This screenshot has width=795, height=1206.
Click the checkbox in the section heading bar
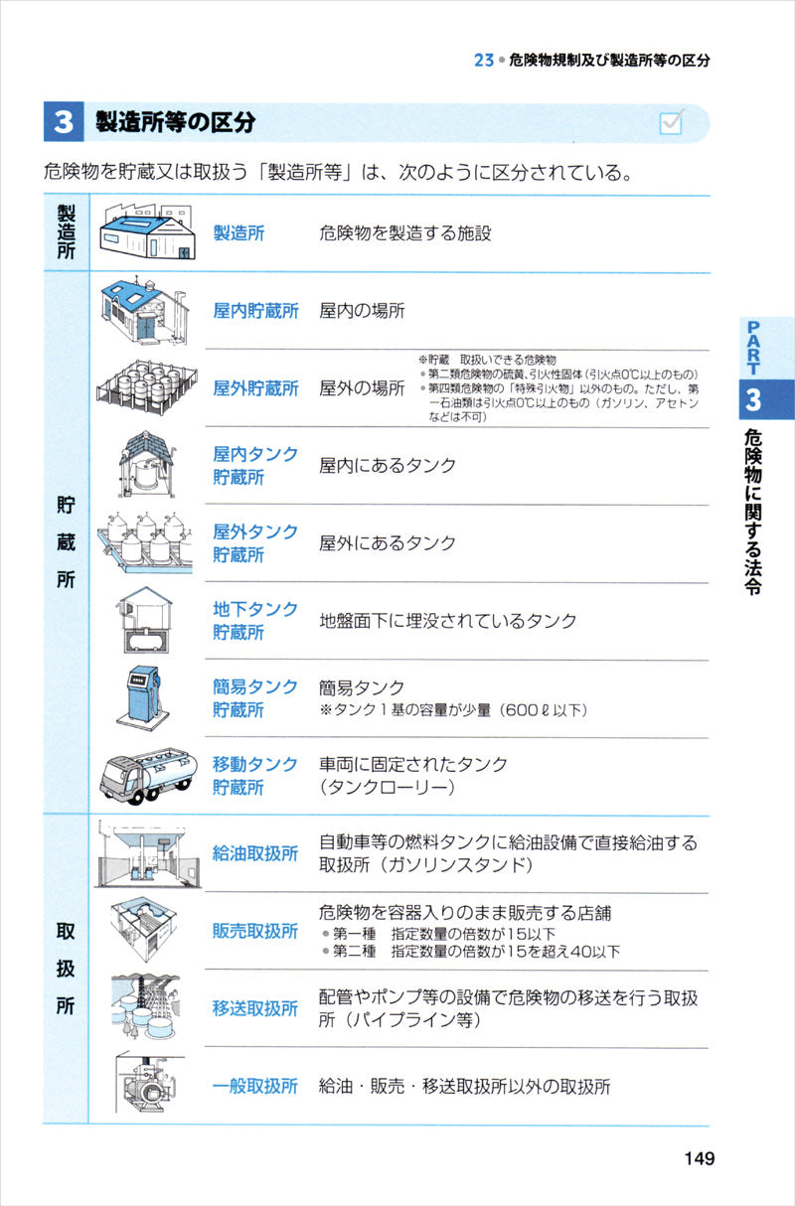(671, 123)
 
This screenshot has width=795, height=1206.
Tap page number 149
(700, 1158)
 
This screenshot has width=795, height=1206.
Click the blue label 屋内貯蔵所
(255, 311)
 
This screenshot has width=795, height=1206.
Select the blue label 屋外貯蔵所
(255, 388)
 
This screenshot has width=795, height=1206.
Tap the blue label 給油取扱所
(255, 853)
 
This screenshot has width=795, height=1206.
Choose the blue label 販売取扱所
(255, 931)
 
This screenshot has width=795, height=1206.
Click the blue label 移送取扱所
(255, 1008)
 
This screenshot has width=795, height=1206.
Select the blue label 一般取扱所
(255, 1086)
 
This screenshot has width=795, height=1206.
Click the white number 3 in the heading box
(64, 121)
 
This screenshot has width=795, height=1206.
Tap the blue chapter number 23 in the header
(484, 61)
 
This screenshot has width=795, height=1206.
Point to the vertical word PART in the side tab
(753, 348)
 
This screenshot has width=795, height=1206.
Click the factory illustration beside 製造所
(148, 231)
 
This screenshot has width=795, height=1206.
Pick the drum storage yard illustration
(147, 388)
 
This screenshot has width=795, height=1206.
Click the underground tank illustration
(145, 620)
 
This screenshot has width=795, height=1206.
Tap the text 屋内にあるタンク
(388, 465)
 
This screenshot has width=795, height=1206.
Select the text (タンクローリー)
(388, 787)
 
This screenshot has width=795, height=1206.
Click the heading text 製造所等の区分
(176, 122)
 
